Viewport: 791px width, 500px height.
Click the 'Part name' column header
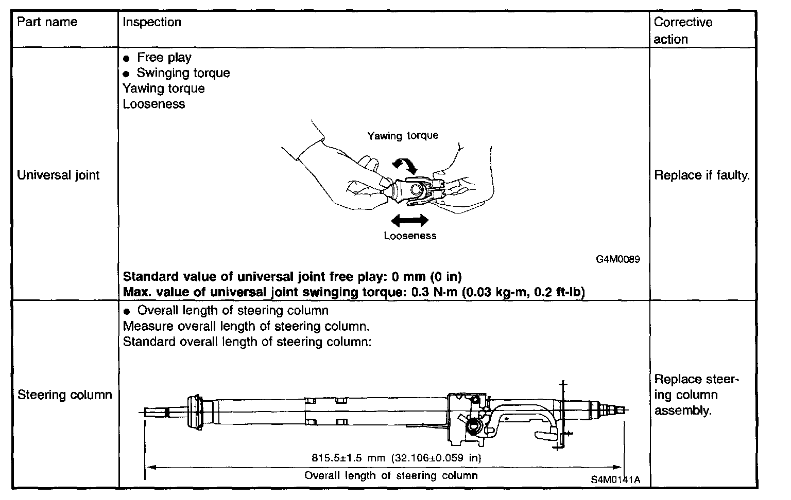[x=47, y=22]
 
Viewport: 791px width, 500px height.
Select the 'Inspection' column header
[x=152, y=22]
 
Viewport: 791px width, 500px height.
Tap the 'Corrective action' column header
[x=683, y=30]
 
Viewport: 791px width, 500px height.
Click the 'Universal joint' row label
[x=58, y=175]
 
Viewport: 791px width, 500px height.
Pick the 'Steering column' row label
[x=64, y=395]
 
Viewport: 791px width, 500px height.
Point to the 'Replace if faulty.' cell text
[x=702, y=175]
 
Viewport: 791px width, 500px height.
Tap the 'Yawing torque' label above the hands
[x=403, y=135]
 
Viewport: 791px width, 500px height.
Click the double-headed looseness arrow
[x=409, y=221]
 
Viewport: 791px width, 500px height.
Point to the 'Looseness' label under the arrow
[x=410, y=236]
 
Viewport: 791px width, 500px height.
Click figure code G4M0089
[x=618, y=259]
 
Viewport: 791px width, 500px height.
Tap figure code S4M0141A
[x=615, y=479]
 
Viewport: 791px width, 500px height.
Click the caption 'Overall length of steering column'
[x=391, y=475]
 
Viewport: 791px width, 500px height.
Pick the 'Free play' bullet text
[x=164, y=58]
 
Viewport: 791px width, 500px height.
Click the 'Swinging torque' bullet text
[x=183, y=73]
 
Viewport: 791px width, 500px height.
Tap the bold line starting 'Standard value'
[x=292, y=277]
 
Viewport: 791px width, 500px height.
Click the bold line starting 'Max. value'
[x=354, y=292]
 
